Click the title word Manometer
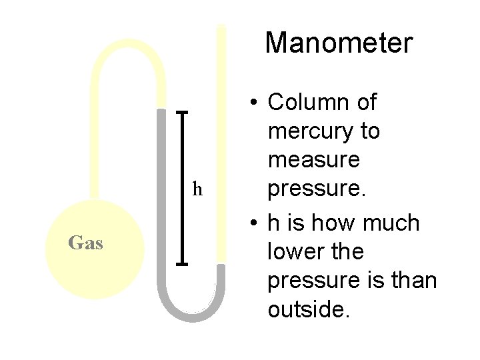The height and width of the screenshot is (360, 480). pos(339,43)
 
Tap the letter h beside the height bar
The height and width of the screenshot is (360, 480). pos(197,189)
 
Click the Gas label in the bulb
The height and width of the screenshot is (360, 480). pos(85,243)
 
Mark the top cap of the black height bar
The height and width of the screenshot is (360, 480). pos(183,112)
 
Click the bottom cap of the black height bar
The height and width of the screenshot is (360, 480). pos(183,265)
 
